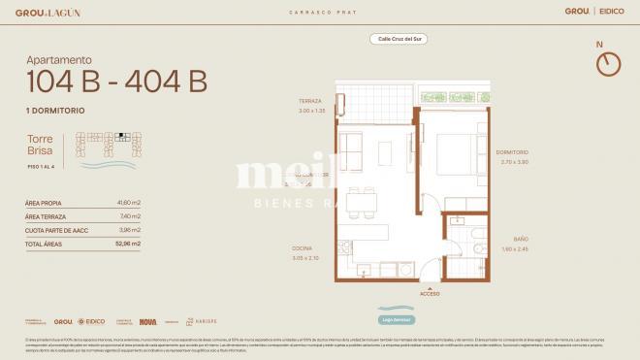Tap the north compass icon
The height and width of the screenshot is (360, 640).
pos(608,63)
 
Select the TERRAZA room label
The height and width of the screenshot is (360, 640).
pos(310,101)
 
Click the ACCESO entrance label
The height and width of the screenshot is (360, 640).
pos(430,292)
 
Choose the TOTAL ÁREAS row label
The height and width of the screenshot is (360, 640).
pos(45,244)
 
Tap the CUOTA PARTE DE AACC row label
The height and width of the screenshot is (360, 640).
pos(55,230)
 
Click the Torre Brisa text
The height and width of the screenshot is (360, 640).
pos(40,147)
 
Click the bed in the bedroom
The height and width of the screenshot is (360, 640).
pos(456,155)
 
